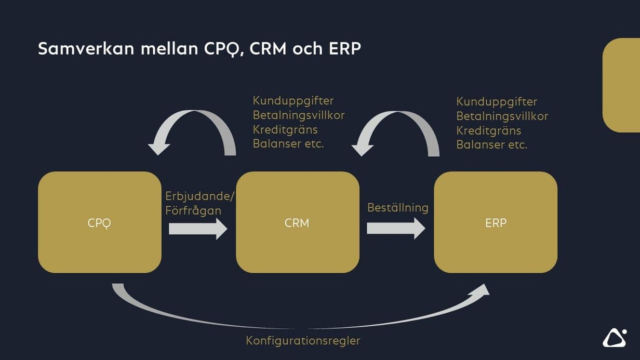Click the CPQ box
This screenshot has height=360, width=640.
(99, 222)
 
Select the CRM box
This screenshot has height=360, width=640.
(297, 222)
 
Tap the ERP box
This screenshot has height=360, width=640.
(495, 222)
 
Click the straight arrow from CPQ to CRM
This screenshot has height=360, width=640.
(198, 228)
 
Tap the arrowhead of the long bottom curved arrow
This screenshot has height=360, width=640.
(481, 292)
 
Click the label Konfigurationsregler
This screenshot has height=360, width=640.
(303, 341)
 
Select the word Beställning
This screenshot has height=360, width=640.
(397, 208)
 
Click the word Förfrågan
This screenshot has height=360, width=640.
(193, 210)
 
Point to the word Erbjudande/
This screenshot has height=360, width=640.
(200, 196)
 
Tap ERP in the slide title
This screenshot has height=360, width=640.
(345, 49)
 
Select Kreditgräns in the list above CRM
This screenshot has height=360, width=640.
(285, 129)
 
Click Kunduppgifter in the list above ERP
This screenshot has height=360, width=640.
(497, 101)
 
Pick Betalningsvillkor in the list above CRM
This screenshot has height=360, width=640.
(299, 115)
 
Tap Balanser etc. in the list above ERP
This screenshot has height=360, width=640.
(491, 145)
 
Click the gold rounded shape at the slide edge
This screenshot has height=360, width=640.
(621, 85)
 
